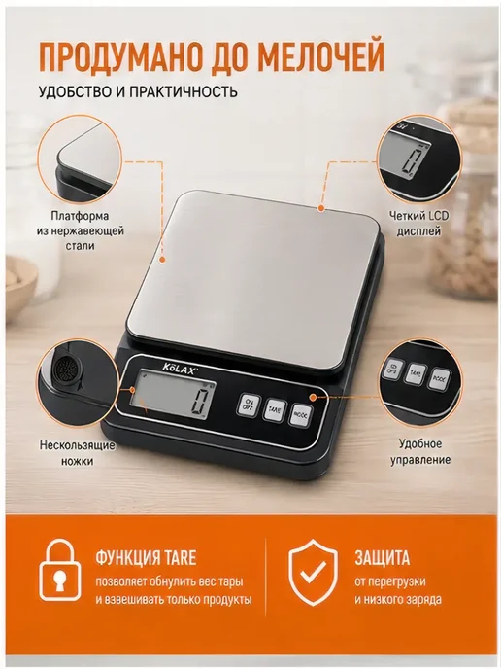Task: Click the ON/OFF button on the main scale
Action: pyautogui.click(x=248, y=405)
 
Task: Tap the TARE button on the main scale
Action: pyautogui.click(x=275, y=410)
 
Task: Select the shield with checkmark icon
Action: pyautogui.click(x=313, y=572)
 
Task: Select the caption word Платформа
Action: pyautogui.click(x=80, y=216)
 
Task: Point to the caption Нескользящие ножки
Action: pyautogui.click(x=77, y=453)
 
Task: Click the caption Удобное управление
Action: pyautogui.click(x=420, y=452)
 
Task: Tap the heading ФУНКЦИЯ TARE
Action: pyautogui.click(x=146, y=557)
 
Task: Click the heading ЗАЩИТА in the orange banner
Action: pyautogui.click(x=383, y=557)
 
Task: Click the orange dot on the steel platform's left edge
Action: pyautogui.click(x=161, y=260)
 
